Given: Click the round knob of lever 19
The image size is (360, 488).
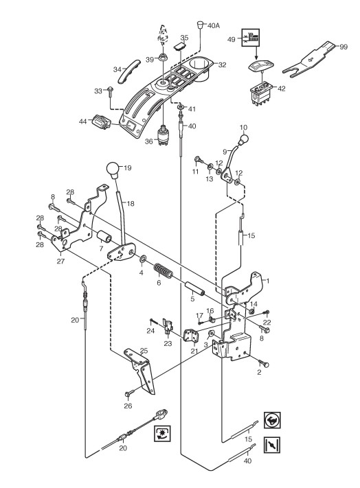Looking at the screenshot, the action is point(114,170).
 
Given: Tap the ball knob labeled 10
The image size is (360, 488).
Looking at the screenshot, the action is point(243,139).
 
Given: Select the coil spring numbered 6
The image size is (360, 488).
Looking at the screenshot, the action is point(164,270).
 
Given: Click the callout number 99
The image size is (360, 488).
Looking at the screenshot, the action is point(344,47).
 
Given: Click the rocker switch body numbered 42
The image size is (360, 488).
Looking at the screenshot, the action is point(262,93).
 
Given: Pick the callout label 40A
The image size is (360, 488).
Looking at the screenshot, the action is point(213,26).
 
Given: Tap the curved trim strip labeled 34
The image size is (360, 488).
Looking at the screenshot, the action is point(126,71).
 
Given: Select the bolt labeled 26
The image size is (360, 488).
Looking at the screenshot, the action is point(130,393).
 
